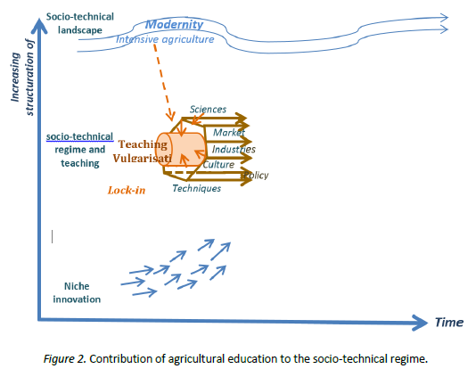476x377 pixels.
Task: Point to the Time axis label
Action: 448,322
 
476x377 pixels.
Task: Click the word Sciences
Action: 208,109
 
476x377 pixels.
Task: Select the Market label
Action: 229,132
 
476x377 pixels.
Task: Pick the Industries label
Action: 234,149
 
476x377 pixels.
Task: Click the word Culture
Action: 218,164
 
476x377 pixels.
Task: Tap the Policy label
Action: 256,176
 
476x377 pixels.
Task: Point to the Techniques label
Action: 196,188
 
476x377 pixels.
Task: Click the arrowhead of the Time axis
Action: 422,320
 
